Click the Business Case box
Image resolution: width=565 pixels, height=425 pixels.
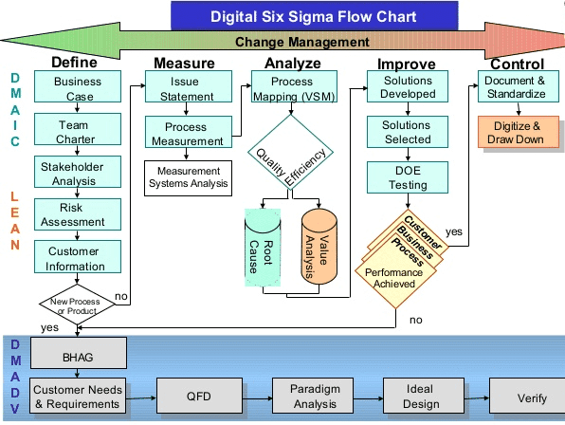78,88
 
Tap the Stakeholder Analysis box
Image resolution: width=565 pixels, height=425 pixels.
78,173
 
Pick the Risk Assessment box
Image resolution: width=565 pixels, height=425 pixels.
78,215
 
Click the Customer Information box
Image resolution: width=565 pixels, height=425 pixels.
78,258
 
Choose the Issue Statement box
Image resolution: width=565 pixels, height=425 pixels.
186,88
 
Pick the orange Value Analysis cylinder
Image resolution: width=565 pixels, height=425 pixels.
320,249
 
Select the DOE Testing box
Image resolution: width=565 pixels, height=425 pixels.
406,177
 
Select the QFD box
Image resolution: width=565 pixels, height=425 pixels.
193,397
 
